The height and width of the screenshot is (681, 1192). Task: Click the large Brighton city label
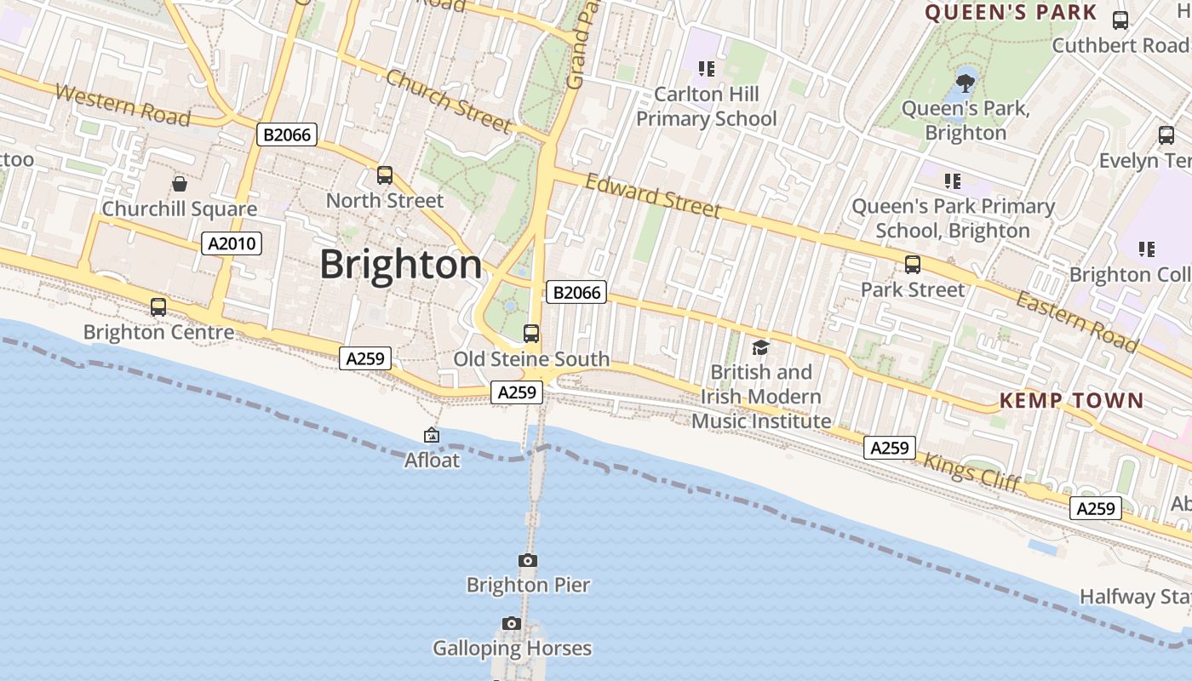401,265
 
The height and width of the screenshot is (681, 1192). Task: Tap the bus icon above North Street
385,175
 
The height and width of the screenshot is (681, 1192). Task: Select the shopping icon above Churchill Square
180,184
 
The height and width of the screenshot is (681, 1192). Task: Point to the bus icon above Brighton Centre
158,307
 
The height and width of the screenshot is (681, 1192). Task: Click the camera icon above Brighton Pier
528,560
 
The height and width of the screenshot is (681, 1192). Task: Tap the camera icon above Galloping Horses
512,624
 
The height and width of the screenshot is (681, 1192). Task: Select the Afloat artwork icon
432,435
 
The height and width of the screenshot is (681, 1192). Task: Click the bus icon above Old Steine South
531,334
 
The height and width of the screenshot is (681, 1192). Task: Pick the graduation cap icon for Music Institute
760,347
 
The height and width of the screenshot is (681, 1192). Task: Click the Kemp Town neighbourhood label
1071,400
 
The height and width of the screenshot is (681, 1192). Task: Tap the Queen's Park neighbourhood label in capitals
1011,13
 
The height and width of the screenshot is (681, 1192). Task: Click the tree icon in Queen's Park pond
966,83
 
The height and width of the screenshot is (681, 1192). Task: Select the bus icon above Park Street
913,265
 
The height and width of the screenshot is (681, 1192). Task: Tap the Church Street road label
448,101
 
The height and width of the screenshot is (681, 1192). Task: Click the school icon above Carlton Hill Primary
706,68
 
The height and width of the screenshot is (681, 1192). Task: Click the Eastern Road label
1076,322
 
